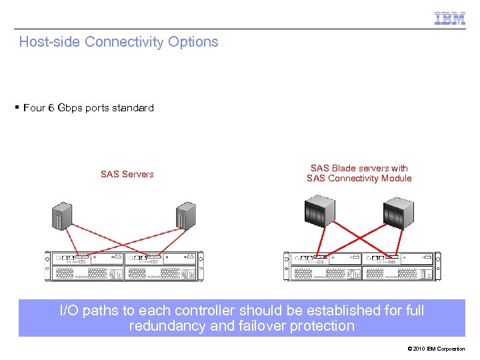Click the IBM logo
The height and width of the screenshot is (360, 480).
coord(450,19)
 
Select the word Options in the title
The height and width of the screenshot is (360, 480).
coord(193,42)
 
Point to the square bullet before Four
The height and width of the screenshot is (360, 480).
coord(17,107)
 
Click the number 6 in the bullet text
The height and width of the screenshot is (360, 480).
coord(51,108)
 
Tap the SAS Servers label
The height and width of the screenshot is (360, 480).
coord(127,175)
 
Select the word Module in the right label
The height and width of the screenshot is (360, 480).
coord(394,179)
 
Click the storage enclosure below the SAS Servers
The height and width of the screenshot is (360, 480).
coord(125,266)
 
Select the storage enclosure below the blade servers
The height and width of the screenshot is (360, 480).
coord(361,266)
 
